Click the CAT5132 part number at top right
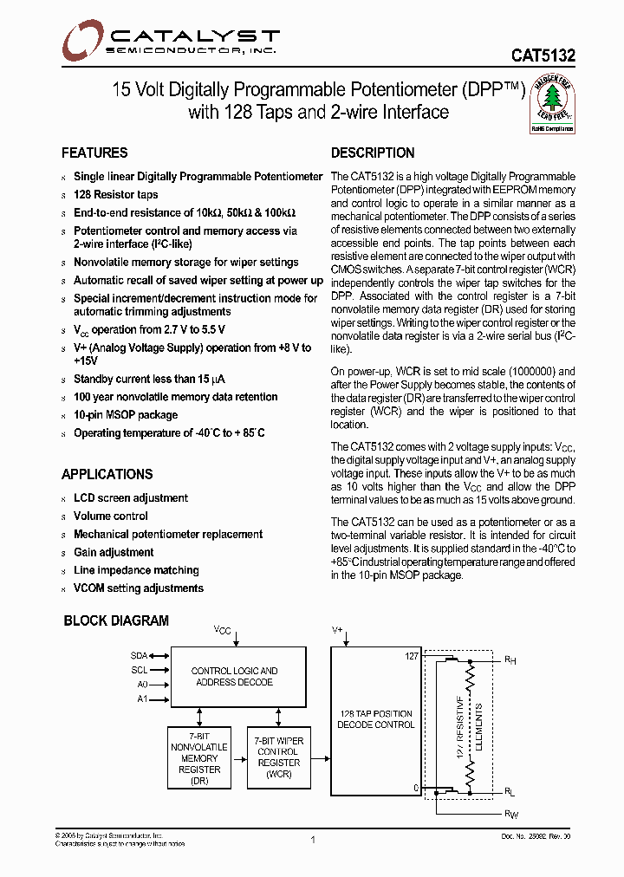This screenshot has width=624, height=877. pos(543,54)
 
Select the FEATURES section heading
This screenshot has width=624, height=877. pos(94,153)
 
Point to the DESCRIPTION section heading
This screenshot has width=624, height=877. pos(373,153)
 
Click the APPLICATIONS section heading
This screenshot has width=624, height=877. pos(107,474)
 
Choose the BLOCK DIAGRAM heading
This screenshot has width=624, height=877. pos(116,620)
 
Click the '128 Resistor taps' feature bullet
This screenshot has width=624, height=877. pos(115,194)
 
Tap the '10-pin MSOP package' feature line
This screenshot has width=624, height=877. pos(125,415)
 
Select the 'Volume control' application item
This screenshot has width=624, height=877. pos(110,516)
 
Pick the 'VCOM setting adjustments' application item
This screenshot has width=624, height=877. pos(138,588)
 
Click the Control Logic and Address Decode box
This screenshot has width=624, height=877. pos(234,676)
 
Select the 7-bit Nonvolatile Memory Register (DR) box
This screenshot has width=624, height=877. pos(199,757)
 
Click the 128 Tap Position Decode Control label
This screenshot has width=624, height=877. pos(375,719)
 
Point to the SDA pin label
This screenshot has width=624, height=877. pos(140,656)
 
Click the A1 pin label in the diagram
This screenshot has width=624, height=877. pos(142,698)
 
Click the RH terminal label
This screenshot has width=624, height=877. pos(510,659)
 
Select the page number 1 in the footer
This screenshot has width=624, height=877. pos(312,839)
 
